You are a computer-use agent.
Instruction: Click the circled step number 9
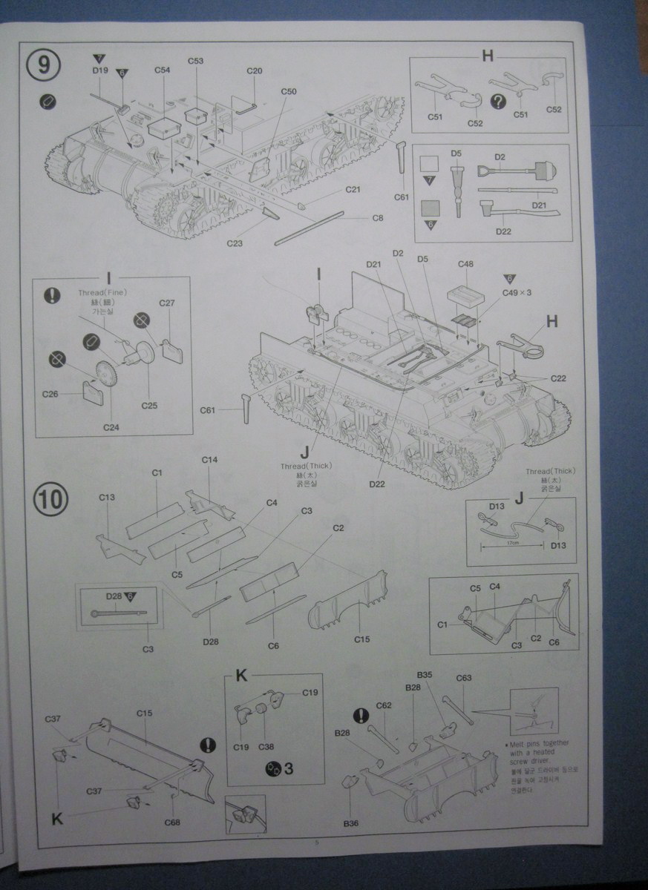click(45, 65)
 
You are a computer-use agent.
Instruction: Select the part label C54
click(163, 70)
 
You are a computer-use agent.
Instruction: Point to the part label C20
click(254, 70)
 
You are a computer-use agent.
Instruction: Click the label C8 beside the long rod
click(378, 217)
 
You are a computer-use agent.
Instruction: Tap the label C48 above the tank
click(465, 264)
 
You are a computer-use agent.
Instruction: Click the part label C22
click(558, 378)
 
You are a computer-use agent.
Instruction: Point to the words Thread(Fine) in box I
click(102, 293)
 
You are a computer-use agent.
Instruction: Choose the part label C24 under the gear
click(111, 427)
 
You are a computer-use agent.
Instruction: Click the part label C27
click(167, 303)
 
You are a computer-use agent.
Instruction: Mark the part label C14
click(209, 460)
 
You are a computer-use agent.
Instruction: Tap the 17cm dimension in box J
click(512, 544)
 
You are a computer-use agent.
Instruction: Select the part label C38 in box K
click(266, 746)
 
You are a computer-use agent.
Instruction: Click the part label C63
click(464, 678)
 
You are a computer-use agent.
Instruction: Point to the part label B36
click(350, 823)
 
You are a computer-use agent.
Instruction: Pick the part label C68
click(173, 822)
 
